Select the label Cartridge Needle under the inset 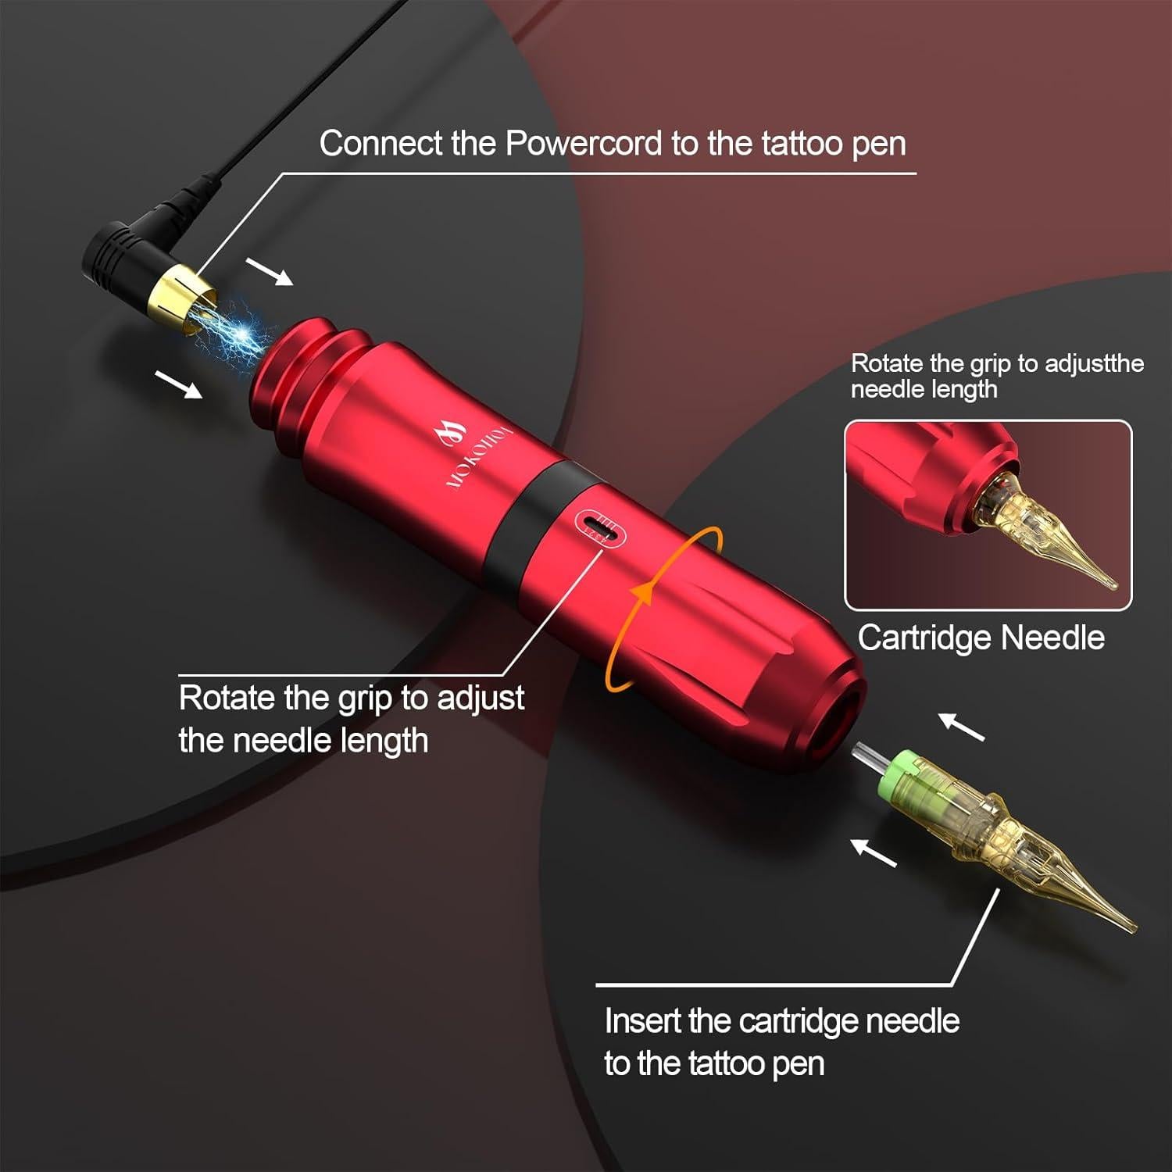coord(981,638)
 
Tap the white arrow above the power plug coord(270,271)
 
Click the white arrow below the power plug coord(179,384)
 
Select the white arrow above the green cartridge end coord(960,726)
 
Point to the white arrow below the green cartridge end coord(873,852)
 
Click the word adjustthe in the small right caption coord(1094,363)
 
